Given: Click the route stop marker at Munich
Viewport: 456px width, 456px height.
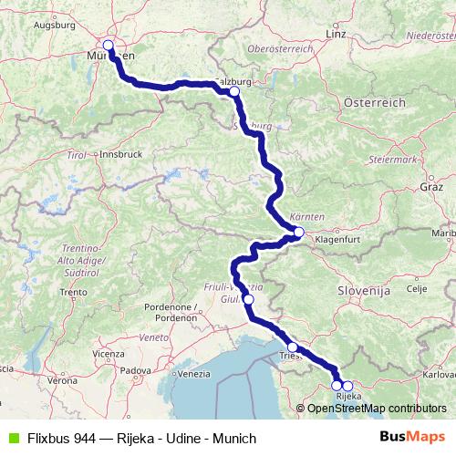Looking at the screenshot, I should (109, 45).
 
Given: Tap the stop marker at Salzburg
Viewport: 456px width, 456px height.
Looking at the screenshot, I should (234, 91).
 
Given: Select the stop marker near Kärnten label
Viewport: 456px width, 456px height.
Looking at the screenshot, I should (299, 233).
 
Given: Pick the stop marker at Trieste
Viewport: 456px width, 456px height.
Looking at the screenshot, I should (293, 347).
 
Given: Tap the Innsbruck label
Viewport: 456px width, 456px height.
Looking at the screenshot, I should (119, 155).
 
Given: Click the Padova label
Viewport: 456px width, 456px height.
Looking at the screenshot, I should (135, 370).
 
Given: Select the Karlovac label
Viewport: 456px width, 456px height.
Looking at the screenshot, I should (432, 374).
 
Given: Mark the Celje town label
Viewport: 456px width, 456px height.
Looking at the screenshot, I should (416, 288).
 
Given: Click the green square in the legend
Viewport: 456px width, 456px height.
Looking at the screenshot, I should (10, 439).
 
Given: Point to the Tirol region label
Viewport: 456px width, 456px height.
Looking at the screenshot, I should (77, 157).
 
